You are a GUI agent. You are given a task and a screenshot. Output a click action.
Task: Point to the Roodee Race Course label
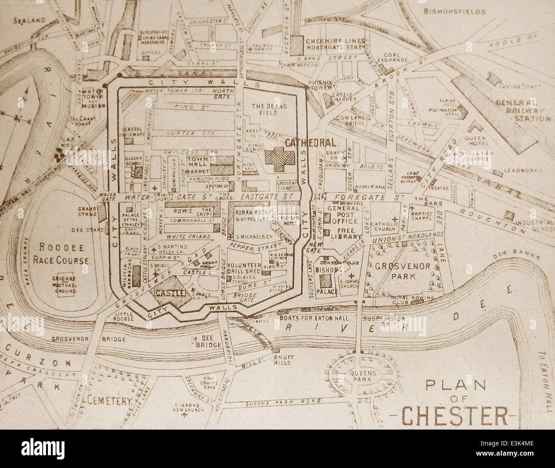pos(64,253)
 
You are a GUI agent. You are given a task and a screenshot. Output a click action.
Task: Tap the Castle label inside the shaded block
pos(170,293)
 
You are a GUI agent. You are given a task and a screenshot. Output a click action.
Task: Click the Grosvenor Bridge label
pos(88,339)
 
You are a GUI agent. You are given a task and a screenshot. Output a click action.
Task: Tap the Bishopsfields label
pos(454,12)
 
